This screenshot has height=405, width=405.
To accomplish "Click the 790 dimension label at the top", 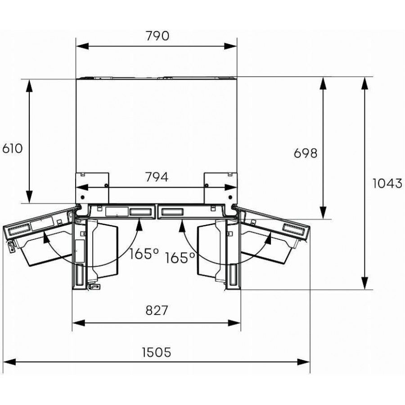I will pos(157,36).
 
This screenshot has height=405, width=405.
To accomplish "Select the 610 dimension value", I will pos(12,148).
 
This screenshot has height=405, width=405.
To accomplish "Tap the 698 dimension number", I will pos(306,153).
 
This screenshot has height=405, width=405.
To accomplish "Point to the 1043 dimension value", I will pos(387,184).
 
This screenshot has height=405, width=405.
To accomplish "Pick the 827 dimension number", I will pos(156,310).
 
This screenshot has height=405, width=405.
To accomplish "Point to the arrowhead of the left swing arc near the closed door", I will pos(139,223).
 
